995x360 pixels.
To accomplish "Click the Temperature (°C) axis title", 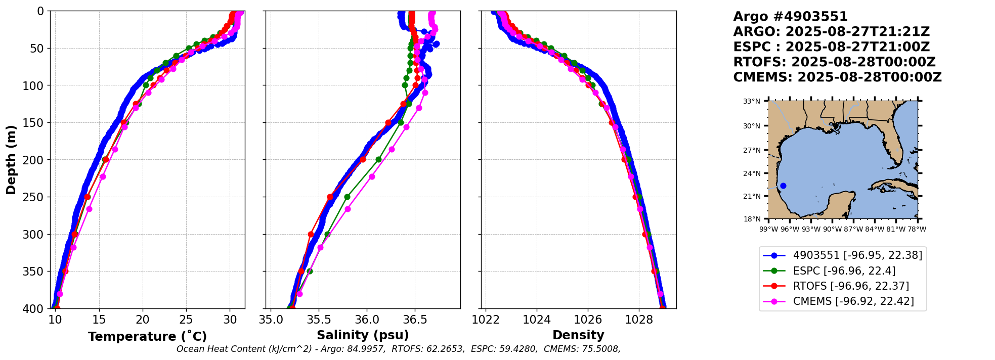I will (147, 336).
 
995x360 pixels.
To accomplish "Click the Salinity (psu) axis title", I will (363, 335).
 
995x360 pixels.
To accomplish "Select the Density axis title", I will (578, 335).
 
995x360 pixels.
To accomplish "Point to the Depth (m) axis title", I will (11, 160).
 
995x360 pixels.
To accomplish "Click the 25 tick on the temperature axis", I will (186, 320).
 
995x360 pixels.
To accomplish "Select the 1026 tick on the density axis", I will (588, 320).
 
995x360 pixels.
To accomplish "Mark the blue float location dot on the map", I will (783, 186).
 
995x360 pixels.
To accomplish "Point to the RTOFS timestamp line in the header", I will (834, 62).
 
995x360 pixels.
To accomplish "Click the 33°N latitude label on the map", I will (752, 101).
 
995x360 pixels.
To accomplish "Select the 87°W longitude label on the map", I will (853, 229).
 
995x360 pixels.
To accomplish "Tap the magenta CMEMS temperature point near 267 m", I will (89, 209).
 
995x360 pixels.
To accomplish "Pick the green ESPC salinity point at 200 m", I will (378, 159).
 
